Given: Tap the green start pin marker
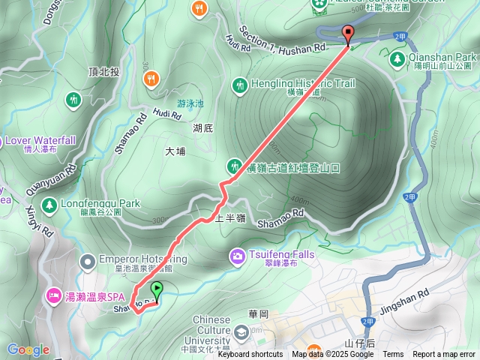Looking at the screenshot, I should pos(157,289).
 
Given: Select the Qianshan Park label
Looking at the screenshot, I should pos(442,57).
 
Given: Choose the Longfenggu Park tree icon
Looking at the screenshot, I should pos(49,204).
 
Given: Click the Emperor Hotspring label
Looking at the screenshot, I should pos(142,259).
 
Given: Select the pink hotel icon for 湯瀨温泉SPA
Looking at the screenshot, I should pos(54,296).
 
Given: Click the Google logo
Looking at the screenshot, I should pos(28,349).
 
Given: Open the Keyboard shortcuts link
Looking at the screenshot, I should pos(250,355).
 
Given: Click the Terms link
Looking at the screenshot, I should pos(393,355).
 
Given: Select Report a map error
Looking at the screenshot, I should pos(444,355).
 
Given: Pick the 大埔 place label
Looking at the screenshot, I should pos(175,151).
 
